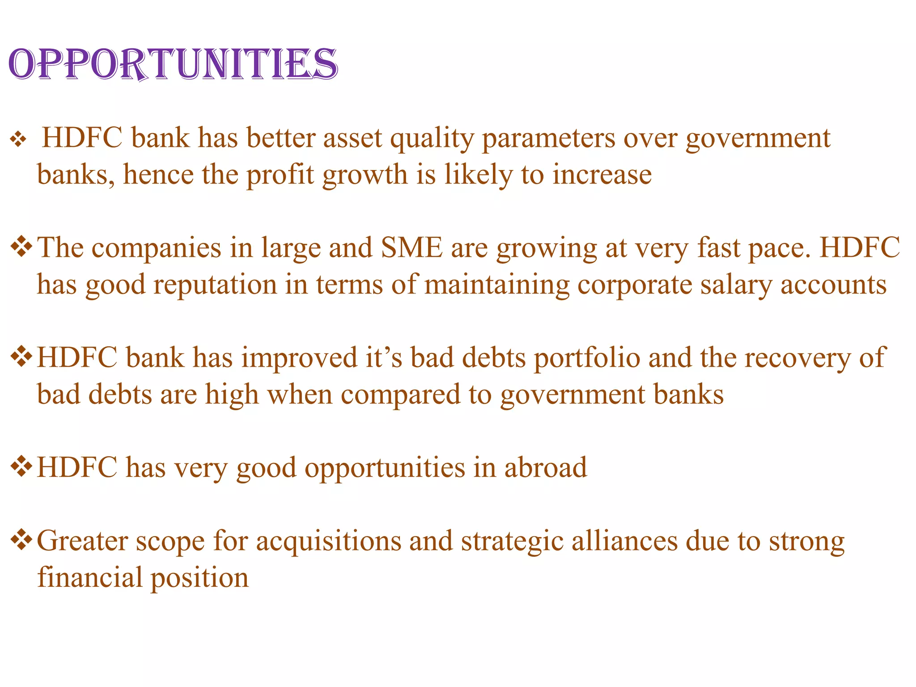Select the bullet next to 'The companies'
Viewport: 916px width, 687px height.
(x=21, y=247)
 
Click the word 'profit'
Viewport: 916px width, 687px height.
(x=280, y=175)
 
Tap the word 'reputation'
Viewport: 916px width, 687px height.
(x=215, y=285)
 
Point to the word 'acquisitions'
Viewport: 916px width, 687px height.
(x=329, y=541)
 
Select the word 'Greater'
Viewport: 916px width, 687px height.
(x=82, y=541)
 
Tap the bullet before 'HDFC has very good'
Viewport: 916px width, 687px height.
(x=21, y=467)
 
